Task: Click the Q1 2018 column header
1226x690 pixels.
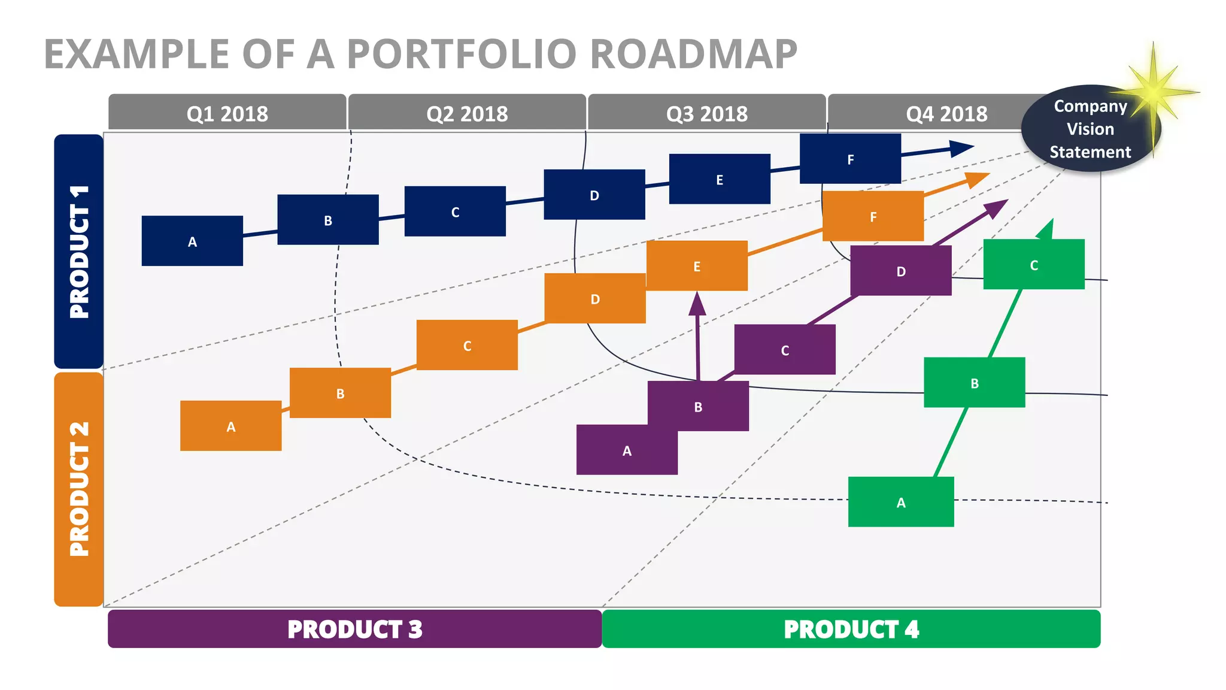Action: point(227,113)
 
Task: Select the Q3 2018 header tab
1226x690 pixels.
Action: point(707,113)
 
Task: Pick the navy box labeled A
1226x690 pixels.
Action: point(192,241)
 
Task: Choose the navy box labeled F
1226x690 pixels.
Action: point(850,159)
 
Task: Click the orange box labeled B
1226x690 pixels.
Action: point(340,393)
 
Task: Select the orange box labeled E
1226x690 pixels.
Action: point(697,266)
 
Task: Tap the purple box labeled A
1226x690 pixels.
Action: point(627,450)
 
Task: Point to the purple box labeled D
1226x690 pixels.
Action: point(901,271)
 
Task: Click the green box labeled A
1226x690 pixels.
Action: point(901,502)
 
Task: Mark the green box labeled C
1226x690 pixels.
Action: point(1034,265)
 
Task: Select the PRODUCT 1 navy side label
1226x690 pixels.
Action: point(78,252)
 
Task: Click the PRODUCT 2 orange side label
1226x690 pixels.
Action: point(78,489)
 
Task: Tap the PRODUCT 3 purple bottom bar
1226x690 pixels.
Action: point(354,629)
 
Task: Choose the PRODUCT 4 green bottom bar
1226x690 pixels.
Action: point(851,629)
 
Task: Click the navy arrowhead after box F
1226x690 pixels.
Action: point(961,149)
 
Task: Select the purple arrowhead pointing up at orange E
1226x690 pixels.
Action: point(697,304)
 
